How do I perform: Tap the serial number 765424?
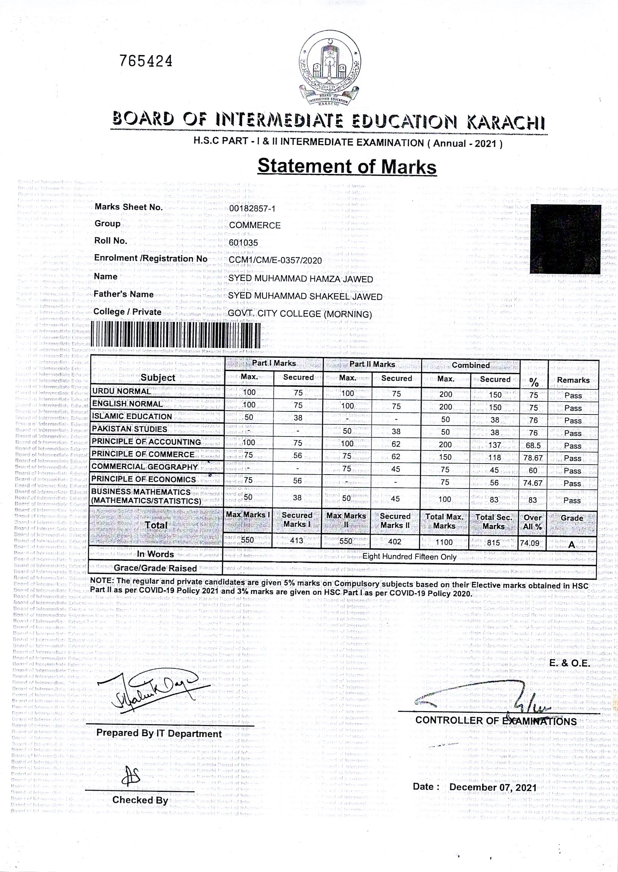[x=146, y=61]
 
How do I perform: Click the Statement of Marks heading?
[x=347, y=166]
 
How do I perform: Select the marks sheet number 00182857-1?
[x=252, y=208]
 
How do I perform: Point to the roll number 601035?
[x=243, y=243]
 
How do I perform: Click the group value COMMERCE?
[x=255, y=225]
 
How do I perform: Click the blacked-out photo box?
[x=565, y=239]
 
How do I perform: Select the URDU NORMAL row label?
[x=121, y=391]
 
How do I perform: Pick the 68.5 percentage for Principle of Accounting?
[x=533, y=445]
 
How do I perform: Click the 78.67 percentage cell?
[x=533, y=458]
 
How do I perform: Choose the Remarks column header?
[x=573, y=380]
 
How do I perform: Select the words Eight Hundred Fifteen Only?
[x=409, y=557]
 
